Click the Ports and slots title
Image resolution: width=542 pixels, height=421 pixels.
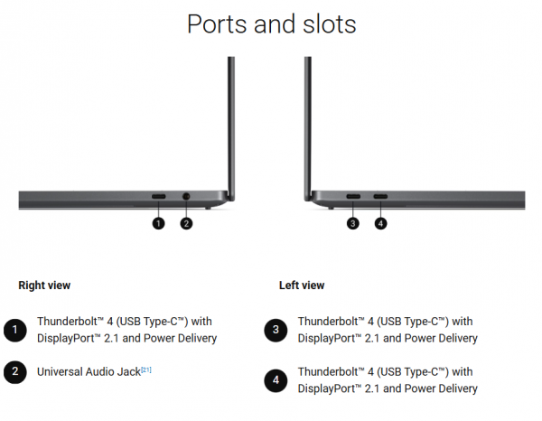(x=271, y=24)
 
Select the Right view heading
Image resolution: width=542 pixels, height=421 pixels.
(x=44, y=285)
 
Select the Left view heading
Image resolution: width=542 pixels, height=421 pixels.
(x=302, y=285)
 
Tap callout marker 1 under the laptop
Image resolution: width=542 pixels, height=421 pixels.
(x=158, y=223)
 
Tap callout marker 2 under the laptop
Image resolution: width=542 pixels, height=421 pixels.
(x=186, y=223)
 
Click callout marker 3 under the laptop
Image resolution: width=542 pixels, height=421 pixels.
(x=352, y=223)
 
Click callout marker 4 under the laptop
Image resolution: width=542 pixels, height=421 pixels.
(x=380, y=223)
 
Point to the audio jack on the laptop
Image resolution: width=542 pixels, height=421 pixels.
(x=186, y=196)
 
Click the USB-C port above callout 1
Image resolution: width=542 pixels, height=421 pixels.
(x=159, y=196)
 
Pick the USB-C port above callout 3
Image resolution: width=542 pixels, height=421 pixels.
(x=353, y=196)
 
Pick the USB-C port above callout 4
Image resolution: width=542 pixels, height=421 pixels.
(x=380, y=196)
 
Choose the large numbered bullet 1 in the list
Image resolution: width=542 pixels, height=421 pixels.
(x=14, y=330)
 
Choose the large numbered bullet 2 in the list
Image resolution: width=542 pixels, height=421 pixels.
(x=14, y=372)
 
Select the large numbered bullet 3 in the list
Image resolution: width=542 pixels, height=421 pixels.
(x=276, y=330)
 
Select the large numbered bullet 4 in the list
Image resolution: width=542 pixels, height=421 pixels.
(x=276, y=380)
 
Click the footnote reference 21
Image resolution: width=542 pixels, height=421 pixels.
(x=146, y=370)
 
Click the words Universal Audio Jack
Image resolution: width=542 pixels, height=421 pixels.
(x=89, y=372)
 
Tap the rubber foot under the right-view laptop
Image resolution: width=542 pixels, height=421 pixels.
(x=208, y=208)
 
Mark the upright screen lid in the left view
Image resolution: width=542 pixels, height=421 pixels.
(x=308, y=128)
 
